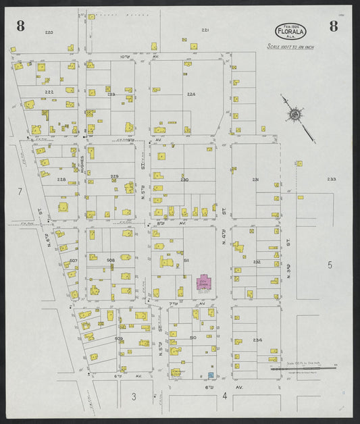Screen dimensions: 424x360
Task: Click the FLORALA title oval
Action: point(291,31)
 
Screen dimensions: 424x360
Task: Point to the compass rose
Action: point(295,115)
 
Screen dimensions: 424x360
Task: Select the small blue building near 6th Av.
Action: point(210,374)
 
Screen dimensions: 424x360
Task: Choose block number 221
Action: point(205,30)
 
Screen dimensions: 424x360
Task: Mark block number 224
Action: point(191,95)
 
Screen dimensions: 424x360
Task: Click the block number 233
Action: point(332,179)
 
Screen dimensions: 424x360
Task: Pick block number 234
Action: point(257,340)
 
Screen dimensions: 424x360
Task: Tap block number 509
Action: point(119,338)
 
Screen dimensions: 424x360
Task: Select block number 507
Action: point(74,261)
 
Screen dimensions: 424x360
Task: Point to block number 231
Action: point(255,180)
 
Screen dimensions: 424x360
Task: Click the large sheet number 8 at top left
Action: point(21,26)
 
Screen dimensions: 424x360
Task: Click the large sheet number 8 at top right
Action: point(334,26)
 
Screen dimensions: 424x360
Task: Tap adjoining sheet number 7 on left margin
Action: point(20,192)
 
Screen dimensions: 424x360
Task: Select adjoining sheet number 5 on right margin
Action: point(330,265)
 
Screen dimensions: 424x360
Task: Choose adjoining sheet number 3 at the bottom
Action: point(134,397)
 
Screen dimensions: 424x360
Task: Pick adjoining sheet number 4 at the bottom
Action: point(224,397)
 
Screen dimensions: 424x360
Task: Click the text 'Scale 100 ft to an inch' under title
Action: point(291,47)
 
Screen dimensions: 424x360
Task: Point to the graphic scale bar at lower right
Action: point(303,369)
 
